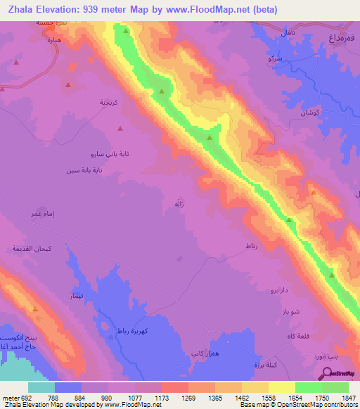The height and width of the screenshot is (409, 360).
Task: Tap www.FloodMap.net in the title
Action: click(x=211, y=10)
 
